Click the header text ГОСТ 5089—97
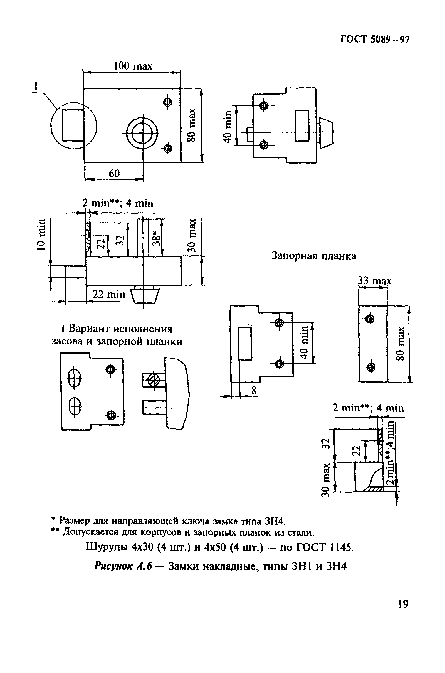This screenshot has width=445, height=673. coord(375,40)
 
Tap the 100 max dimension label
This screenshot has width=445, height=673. coord(133,66)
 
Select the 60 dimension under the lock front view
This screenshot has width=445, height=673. coord(114,173)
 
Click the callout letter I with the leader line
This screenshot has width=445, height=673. coord(36,86)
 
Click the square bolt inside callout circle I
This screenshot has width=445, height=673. coord(73,125)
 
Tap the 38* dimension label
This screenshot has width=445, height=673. coord(156,237)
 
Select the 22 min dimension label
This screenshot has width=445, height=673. coord(109,294)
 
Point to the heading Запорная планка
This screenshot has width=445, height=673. coord(314,256)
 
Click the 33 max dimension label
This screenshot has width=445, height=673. coord(374,281)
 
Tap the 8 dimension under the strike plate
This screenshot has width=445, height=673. coord(254,391)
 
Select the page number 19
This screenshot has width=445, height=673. coord(403,604)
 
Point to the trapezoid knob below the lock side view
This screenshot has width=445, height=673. coord(145,296)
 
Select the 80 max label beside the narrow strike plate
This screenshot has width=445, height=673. coord(400,343)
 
